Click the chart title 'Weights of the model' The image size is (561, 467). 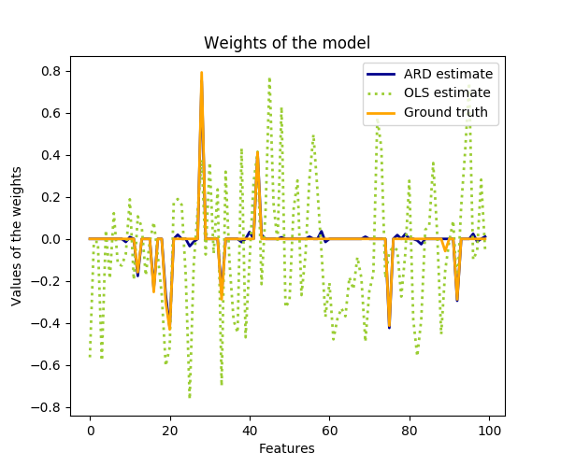287,43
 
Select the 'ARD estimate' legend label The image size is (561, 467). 448,74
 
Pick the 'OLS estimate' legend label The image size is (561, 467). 447,92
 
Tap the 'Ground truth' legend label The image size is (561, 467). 446,112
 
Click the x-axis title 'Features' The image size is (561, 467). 287,448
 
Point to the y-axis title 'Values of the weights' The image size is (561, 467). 17,235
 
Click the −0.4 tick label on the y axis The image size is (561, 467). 49,323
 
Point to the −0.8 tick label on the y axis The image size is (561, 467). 49,407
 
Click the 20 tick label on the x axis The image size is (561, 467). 169,431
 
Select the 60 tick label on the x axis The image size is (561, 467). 329,431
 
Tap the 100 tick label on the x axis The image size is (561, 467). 489,431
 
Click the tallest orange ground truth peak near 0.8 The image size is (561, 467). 201,73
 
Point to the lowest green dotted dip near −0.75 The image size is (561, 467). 190,397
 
